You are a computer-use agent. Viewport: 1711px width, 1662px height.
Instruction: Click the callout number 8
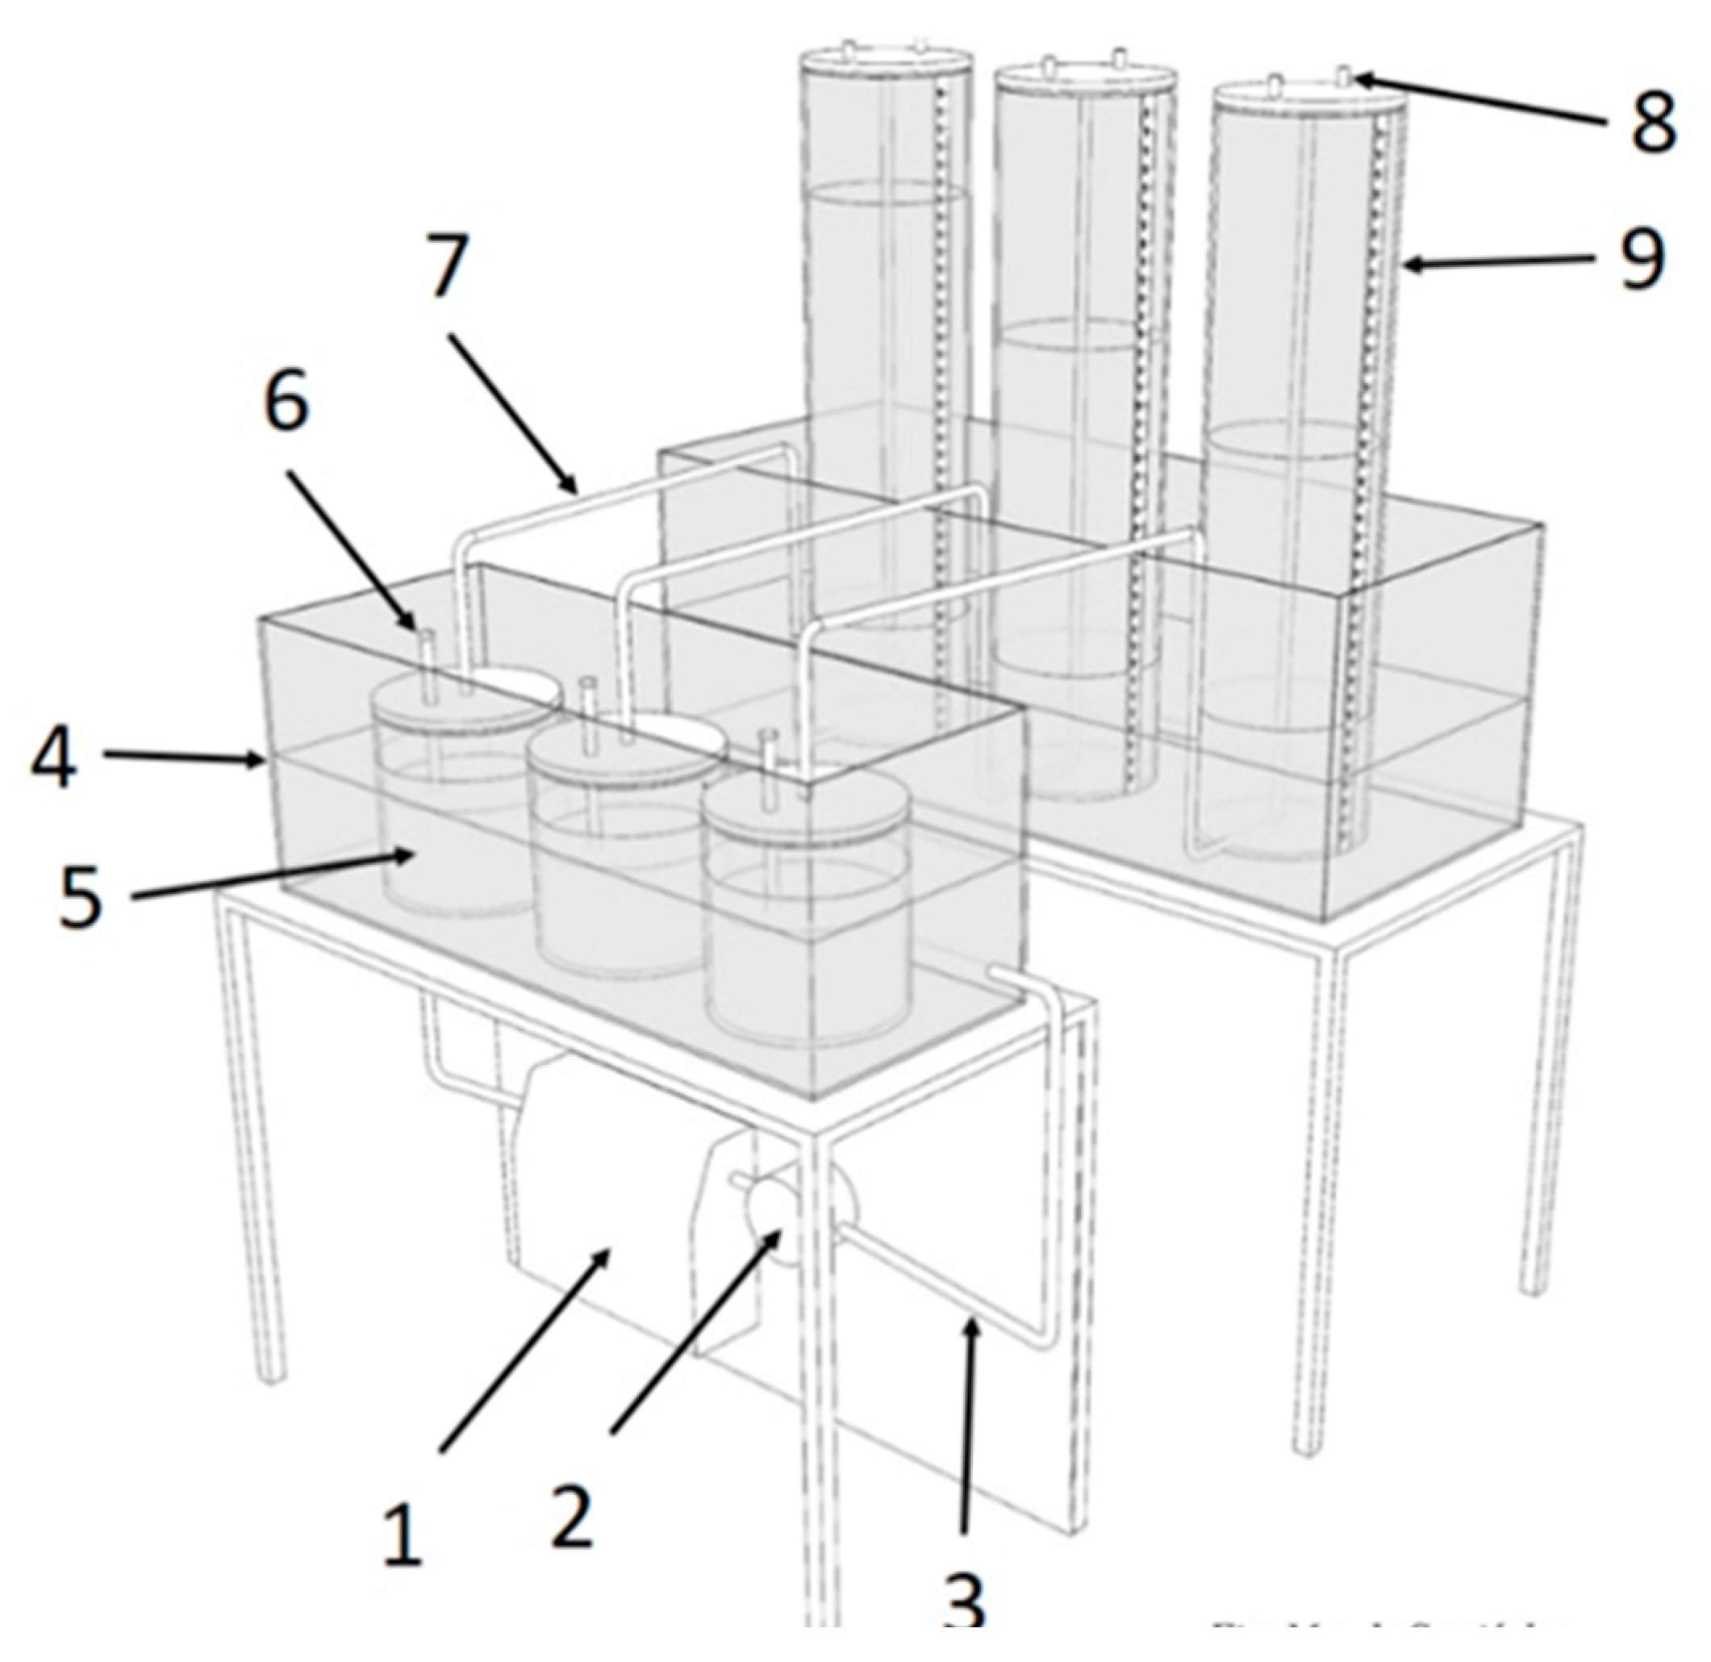1652,120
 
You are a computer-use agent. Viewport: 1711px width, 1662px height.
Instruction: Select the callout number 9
1641,258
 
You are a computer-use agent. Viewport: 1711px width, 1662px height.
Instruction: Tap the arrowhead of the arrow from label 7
576,491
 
